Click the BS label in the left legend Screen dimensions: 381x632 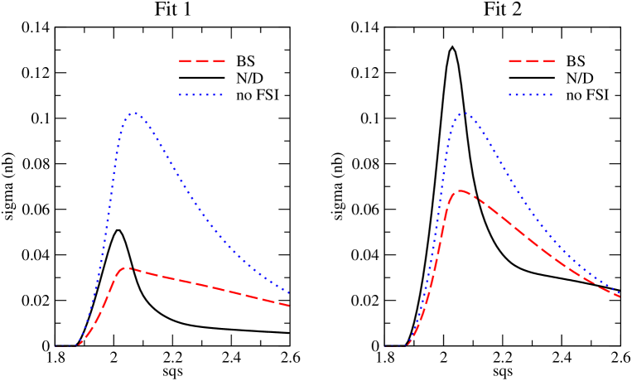(x=246, y=61)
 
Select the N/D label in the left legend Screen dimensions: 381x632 (x=251, y=79)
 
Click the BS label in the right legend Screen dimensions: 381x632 (x=575, y=61)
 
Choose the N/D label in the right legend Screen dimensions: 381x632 (x=580, y=79)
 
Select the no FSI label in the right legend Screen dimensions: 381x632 (x=587, y=96)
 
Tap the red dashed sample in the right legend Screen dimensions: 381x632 (x=530, y=61)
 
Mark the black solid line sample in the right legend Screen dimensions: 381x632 (x=530, y=79)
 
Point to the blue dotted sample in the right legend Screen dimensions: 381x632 (x=530, y=96)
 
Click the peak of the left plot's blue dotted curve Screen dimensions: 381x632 (x=133, y=113)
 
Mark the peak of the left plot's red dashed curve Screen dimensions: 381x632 (x=127, y=268)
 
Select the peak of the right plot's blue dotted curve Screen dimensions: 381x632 (x=462, y=113)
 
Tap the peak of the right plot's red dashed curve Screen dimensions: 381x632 (x=457, y=190)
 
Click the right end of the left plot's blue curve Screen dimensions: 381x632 (x=290, y=292)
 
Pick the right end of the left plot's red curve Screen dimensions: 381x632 (x=290, y=306)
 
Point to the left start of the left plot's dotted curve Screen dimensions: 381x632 (x=56, y=345)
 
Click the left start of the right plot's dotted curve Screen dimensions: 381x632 (x=386, y=345)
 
